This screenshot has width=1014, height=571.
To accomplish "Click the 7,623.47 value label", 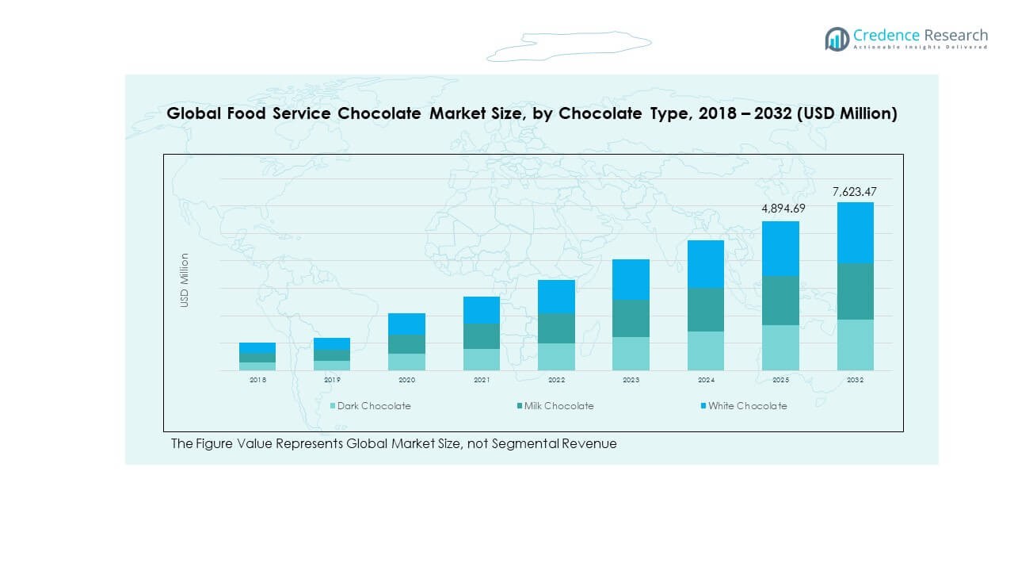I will click(x=855, y=192).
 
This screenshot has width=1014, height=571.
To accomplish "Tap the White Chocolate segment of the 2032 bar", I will click(x=855, y=232).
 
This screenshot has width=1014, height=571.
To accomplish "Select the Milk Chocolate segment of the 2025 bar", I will click(x=780, y=301).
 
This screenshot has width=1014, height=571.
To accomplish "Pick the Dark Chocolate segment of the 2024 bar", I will click(x=706, y=351).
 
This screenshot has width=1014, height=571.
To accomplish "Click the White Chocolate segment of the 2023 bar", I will click(x=631, y=279).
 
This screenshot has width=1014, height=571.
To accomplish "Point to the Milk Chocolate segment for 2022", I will click(x=556, y=328).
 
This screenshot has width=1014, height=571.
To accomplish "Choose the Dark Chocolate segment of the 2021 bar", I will click(x=482, y=359).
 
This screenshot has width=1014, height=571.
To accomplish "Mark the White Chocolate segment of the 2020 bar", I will click(x=406, y=324).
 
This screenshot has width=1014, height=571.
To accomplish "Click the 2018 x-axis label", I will click(x=257, y=381).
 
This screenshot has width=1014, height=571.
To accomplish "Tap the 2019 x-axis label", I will click(x=332, y=381).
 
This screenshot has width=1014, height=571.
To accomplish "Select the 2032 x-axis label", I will click(x=855, y=381).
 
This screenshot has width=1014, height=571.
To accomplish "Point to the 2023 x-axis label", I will click(x=631, y=381).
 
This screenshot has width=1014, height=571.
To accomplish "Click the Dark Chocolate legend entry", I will click(x=373, y=406).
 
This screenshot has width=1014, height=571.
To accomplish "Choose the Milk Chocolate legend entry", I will click(x=558, y=406).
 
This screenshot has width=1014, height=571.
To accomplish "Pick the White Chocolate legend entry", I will click(x=747, y=406).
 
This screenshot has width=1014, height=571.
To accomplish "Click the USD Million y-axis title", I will click(x=185, y=280).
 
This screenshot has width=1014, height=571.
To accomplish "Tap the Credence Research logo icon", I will click(x=837, y=39).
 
